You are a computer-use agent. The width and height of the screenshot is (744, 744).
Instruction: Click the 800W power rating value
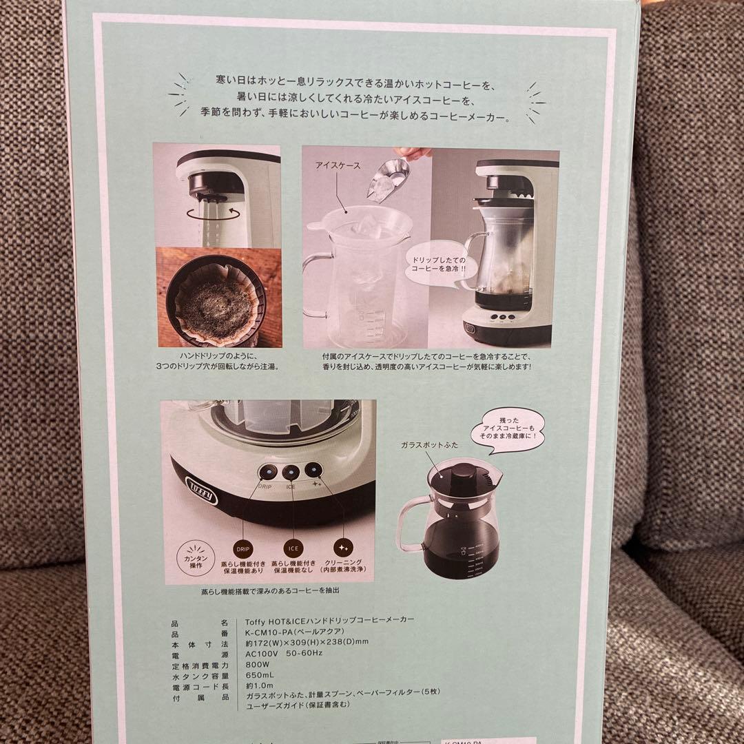pyautogui.click(x=255, y=665)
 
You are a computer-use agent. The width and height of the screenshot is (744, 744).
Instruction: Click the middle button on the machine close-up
pyautogui.click(x=290, y=473)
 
